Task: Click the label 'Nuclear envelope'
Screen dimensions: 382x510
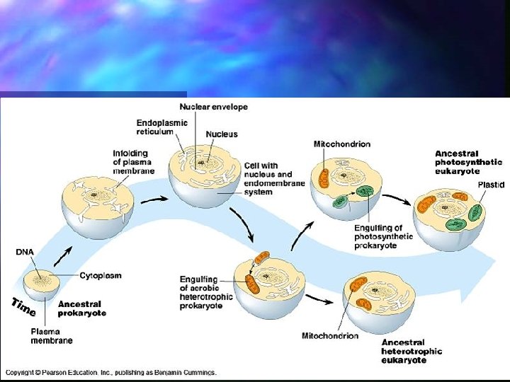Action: tap(213, 107)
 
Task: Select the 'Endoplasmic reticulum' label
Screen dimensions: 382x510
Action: tap(162, 127)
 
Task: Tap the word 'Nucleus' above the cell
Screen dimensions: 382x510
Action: tap(222, 134)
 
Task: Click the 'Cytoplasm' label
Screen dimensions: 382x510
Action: tap(100, 275)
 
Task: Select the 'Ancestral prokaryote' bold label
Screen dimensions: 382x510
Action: tap(82, 308)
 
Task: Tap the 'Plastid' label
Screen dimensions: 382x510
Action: tap(491, 185)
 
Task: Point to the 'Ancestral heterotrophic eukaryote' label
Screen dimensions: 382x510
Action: tap(412, 351)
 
